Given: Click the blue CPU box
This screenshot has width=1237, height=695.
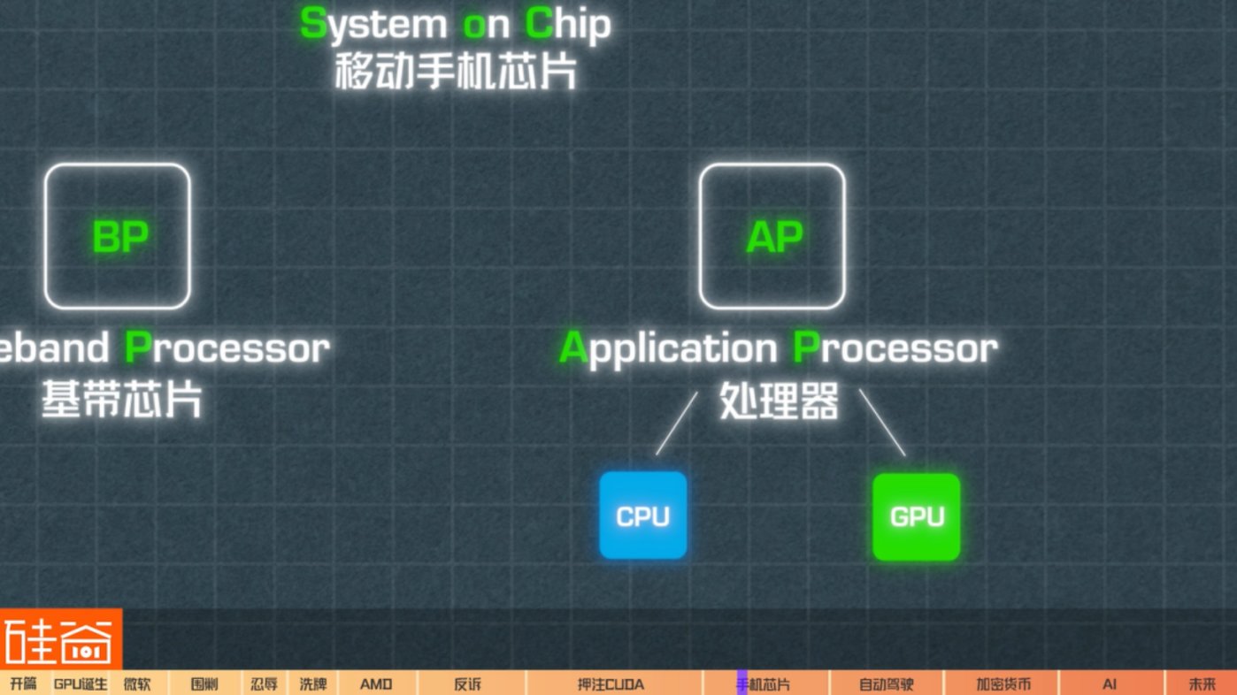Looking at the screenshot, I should (643, 516).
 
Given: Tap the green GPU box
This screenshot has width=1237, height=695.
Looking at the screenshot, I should (917, 516).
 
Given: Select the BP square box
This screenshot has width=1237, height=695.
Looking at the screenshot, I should (118, 236).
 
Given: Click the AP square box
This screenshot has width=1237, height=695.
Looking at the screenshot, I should (772, 236).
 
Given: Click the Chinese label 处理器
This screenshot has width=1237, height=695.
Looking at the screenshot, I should (779, 403).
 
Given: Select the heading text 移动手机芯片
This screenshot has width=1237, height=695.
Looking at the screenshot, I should (456, 72).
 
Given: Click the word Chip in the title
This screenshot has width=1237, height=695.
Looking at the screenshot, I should (568, 26).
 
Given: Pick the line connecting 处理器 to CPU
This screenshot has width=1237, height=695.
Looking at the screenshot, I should (676, 424).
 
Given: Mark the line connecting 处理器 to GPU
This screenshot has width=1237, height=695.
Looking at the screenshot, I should (882, 423).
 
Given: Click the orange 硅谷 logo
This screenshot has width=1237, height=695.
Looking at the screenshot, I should (60, 638).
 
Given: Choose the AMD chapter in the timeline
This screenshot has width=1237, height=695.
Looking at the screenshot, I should (376, 684).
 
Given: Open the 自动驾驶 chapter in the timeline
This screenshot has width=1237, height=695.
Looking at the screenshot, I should (886, 684).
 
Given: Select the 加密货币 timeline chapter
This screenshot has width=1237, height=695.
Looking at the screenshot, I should (1003, 684).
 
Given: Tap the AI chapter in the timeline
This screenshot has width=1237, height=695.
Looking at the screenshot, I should (1110, 684).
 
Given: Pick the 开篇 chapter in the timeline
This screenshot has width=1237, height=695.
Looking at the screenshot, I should (23, 684).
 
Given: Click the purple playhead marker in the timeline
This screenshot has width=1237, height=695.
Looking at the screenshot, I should (741, 684).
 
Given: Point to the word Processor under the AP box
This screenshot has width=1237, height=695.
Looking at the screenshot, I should (895, 348).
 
